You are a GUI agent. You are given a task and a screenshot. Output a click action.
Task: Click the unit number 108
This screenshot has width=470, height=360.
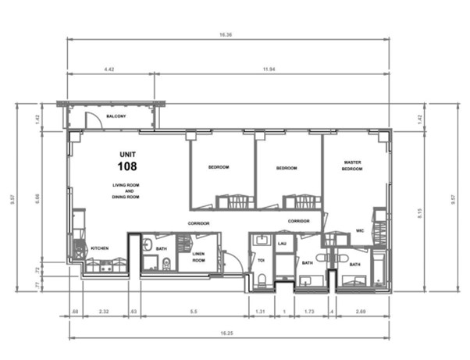126,166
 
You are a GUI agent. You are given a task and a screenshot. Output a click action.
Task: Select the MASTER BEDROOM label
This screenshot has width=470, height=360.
353,166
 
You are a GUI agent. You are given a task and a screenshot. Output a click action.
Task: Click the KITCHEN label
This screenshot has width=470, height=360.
99,248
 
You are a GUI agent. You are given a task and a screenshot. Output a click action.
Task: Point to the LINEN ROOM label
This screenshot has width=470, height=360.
198,256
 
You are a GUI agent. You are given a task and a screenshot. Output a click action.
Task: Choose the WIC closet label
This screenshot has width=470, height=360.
361,231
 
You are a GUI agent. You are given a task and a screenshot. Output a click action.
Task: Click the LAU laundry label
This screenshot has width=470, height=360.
283,244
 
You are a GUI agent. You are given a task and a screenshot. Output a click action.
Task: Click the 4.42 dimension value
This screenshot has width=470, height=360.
109,70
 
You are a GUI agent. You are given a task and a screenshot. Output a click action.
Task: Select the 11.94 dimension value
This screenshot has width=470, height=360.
270,70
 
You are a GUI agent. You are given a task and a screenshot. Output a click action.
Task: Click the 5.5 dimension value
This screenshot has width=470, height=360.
193,312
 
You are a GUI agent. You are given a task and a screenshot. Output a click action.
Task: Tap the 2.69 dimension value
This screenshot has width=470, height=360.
361,312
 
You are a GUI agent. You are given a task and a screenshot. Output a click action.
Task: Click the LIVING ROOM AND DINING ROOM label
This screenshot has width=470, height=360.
125,191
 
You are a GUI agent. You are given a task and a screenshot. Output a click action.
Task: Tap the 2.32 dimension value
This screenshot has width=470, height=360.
103,312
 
